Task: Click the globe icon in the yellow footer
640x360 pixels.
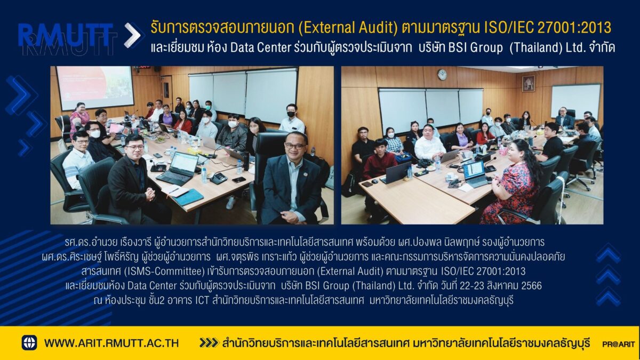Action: tap(29, 342)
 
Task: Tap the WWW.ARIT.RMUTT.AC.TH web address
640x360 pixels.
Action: tap(111, 343)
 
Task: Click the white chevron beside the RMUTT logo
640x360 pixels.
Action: tap(133, 35)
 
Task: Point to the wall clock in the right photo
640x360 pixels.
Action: tap(442, 75)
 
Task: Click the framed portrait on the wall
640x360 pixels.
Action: tap(529, 83)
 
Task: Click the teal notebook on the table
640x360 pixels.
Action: tap(188, 197)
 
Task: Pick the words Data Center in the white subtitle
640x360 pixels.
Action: tap(260, 47)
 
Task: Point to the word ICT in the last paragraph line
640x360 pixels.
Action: tap(202, 301)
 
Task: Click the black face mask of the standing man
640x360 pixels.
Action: tap(291, 114)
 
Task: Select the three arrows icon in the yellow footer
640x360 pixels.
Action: tap(209, 342)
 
